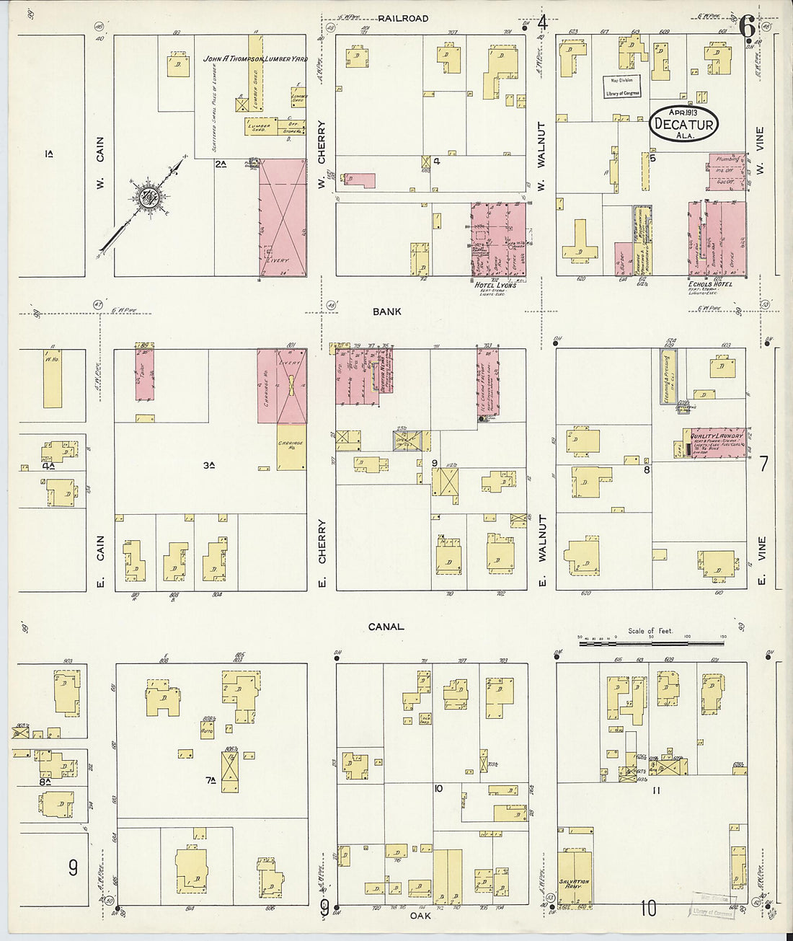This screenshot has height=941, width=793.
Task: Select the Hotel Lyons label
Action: (x=495, y=286)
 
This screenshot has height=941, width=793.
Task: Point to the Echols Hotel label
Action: (x=710, y=284)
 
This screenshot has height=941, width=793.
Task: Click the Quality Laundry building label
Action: (x=717, y=436)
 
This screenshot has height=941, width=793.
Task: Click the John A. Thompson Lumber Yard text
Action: (x=255, y=58)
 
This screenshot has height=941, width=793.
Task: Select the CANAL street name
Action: (x=386, y=627)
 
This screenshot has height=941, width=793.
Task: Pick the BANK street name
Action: (x=387, y=312)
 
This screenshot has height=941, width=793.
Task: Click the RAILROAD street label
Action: (x=404, y=18)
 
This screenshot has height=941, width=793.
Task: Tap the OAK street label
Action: (x=420, y=916)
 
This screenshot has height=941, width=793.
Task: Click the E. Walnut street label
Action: (x=542, y=550)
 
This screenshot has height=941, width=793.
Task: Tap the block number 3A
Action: (x=208, y=466)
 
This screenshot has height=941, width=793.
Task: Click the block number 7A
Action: (x=211, y=779)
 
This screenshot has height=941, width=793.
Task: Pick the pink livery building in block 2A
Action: (x=283, y=217)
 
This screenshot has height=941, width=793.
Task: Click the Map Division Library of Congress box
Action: (x=622, y=87)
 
